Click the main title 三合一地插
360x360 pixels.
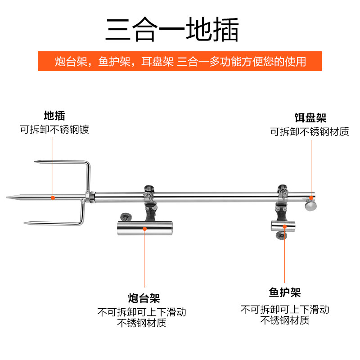pyautogui.click(x=172, y=30)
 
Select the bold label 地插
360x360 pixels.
pyautogui.click(x=54, y=116)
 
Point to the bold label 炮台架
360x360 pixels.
pyautogui.click(x=144, y=297)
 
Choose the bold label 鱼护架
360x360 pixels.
pyautogui.click(x=285, y=293)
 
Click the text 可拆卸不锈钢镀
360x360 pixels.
pyautogui.click(x=54, y=130)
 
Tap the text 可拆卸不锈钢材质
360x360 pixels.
pyautogui.click(x=309, y=132)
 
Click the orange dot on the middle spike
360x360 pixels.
pyautogui.click(x=53, y=197)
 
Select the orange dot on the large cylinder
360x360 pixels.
pyautogui.click(x=144, y=229)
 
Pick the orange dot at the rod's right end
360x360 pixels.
pyautogui.click(x=310, y=197)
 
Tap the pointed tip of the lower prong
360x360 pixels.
pyautogui.click(x=25, y=223)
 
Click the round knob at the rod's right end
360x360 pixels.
pyautogui.click(x=310, y=206)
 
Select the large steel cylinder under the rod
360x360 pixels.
pyautogui.click(x=145, y=229)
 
